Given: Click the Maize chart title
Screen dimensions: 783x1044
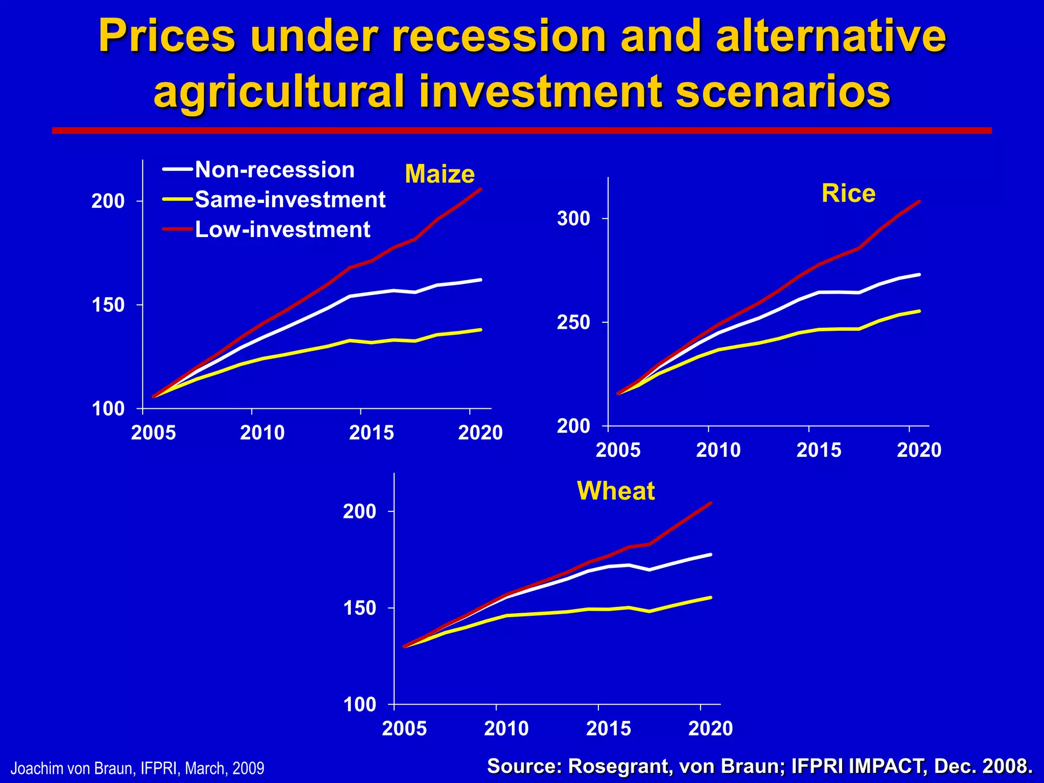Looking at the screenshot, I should pyautogui.click(x=439, y=174).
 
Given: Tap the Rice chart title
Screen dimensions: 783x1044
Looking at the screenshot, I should pyautogui.click(x=848, y=194).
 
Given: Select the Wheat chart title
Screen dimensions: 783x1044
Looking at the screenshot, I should pyautogui.click(x=615, y=491).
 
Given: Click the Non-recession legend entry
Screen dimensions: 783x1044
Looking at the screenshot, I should pyautogui.click(x=274, y=170).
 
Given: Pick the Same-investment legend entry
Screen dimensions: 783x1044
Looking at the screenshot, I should pyautogui.click(x=290, y=199).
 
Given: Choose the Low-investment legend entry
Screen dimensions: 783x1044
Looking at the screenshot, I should pyautogui.click(x=282, y=229).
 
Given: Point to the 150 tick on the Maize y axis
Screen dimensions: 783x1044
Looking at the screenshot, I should pyautogui.click(x=108, y=305).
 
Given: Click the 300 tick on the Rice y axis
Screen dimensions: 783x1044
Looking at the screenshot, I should pyautogui.click(x=573, y=219).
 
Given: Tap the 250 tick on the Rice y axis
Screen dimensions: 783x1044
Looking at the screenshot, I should pyautogui.click(x=573, y=322).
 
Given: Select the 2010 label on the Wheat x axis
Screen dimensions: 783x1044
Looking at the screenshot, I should pyautogui.click(x=506, y=728).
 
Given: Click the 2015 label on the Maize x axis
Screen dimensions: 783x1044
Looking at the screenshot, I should pyautogui.click(x=371, y=433).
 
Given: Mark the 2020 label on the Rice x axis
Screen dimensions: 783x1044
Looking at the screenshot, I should pyautogui.click(x=919, y=450).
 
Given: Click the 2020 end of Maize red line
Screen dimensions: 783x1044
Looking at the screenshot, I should pyautogui.click(x=481, y=189).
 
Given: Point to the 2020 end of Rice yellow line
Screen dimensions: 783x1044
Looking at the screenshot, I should pyautogui.click(x=919, y=311).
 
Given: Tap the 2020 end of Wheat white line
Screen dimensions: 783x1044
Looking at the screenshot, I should pyautogui.click(x=711, y=555).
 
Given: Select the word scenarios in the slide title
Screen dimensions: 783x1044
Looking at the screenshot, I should pyautogui.click(x=783, y=92).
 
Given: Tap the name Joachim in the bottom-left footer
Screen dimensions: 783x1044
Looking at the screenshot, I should pyautogui.click(x=30, y=768).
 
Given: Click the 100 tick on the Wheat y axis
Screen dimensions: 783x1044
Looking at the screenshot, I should pyautogui.click(x=359, y=704).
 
